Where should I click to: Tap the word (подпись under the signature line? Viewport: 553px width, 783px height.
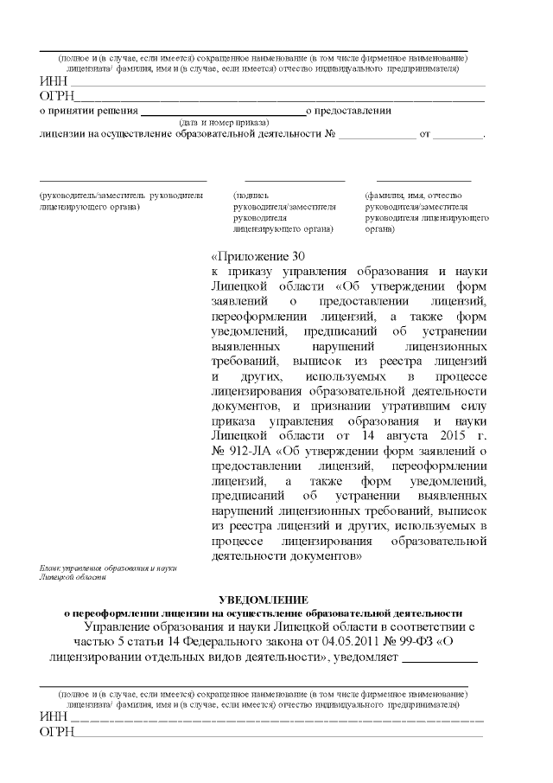pyautogui.click(x=251, y=196)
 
